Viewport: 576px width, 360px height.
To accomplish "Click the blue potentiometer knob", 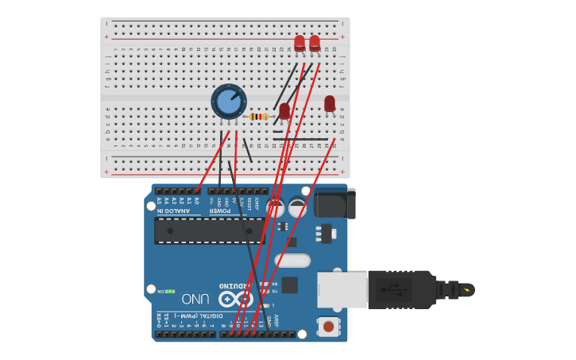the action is coord(229,102).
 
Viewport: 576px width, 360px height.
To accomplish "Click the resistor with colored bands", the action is coord(259,117).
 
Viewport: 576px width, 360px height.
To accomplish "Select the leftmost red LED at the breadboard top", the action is coord(300,44).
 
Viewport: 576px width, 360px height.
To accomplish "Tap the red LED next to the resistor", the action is coord(284,111).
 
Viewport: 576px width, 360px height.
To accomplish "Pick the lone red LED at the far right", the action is coord(330,104).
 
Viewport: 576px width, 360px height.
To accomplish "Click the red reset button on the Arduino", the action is coord(327,326).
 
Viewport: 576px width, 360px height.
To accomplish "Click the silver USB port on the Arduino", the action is coord(342,289).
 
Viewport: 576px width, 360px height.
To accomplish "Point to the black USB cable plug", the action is coord(402,289).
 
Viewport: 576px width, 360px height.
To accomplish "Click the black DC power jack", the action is coord(334,203).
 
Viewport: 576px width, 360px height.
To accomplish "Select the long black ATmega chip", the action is coord(210,230).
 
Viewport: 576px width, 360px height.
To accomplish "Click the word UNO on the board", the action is coord(196,299).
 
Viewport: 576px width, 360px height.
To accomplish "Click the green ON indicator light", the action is coord(169,292).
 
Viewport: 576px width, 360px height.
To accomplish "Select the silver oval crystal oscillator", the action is coord(292,261).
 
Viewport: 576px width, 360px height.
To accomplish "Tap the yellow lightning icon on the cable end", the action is coord(466,290).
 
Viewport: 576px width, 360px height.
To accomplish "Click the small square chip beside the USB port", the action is coord(290,285).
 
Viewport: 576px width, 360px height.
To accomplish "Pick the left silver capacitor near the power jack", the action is coord(276,208).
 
